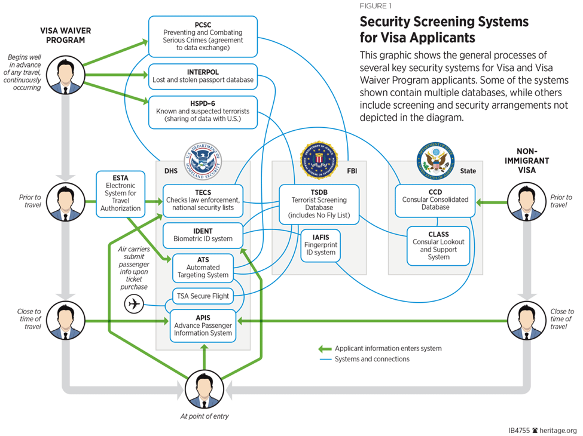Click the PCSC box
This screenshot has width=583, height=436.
coord(203,36)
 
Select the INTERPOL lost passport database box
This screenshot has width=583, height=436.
coord(203,75)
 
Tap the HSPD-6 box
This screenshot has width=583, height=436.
coord(203,112)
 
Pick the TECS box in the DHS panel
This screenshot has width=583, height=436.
coord(203,199)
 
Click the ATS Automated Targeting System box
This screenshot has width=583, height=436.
coord(203,267)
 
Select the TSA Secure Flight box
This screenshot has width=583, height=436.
coord(203,296)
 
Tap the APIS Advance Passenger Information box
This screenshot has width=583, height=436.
coord(203,326)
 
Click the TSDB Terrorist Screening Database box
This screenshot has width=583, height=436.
coord(318,202)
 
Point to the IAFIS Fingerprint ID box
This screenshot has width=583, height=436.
coord(321,245)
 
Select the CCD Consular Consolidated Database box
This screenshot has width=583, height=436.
coord(435,199)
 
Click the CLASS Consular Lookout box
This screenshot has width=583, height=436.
coord(438,245)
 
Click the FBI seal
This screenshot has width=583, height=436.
coord(319,159)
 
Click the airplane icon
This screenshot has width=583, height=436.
coord(135,304)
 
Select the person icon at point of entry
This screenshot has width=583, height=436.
coord(204,390)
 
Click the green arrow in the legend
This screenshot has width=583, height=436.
coord(324,349)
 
